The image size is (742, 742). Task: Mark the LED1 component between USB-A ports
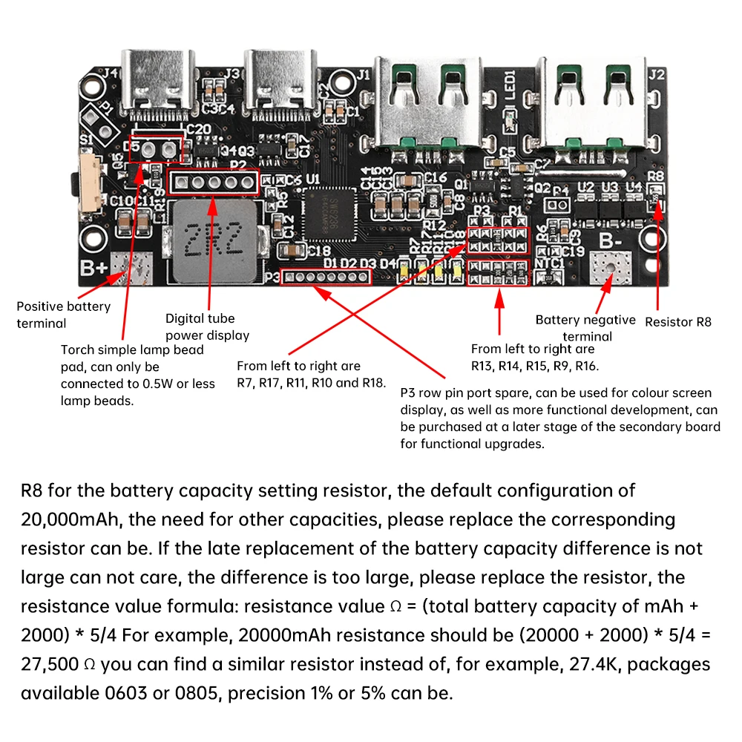tap(510, 115)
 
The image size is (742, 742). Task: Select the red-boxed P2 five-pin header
tap(214, 181)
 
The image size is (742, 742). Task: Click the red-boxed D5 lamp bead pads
tap(156, 149)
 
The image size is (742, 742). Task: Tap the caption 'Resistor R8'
tap(677, 322)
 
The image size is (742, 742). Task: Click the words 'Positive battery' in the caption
tap(63, 306)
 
